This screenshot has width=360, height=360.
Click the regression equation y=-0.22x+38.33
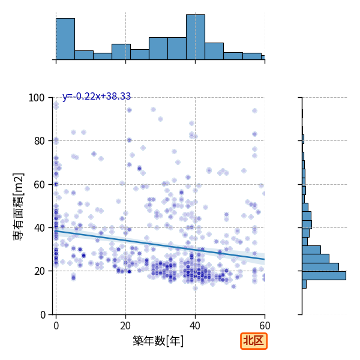(97, 96)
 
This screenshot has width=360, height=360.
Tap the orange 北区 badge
(254, 341)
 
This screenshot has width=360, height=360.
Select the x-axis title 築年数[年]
(158, 341)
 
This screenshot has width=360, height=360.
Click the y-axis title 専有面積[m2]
(19, 206)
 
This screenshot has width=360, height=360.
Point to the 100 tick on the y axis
(36, 98)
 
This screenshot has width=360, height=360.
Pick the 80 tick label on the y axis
(39, 141)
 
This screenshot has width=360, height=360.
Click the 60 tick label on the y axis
(39, 185)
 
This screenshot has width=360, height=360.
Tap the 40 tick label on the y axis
(39, 228)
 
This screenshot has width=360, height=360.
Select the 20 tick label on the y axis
(39, 271)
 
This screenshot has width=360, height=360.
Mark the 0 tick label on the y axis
(43, 315)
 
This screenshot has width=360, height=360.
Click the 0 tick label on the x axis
(56, 326)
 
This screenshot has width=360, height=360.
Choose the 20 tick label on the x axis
(125, 326)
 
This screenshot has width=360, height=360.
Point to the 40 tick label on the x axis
(195, 326)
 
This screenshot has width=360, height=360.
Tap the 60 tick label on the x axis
(265, 326)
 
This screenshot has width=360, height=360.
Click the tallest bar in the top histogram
(196, 37)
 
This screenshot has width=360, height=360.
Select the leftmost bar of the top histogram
(65, 39)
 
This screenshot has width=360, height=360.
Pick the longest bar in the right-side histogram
(324, 275)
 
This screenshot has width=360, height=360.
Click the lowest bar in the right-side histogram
(304, 284)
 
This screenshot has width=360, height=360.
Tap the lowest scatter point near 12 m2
(195, 288)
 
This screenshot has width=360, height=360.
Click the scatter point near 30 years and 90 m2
(160, 119)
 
